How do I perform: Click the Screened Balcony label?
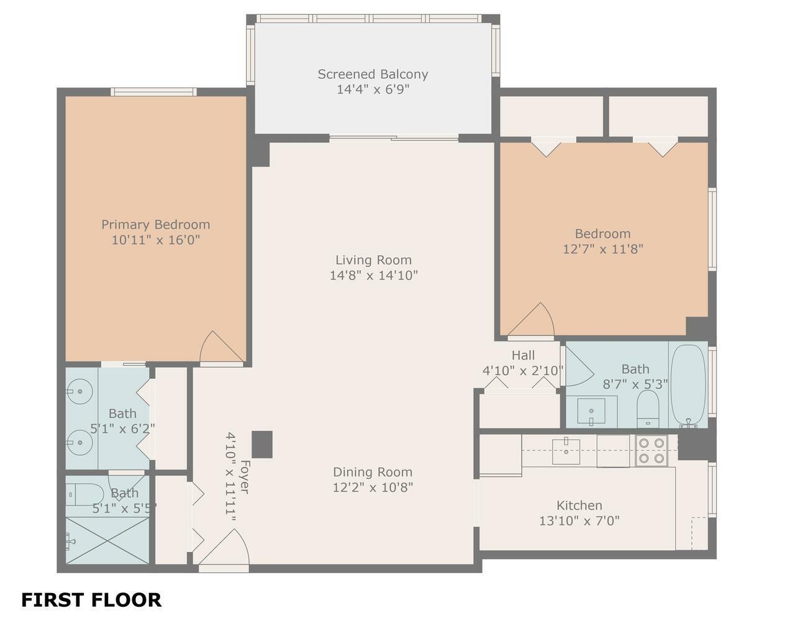373,75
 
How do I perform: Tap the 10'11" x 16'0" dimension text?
156,240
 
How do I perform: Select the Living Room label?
373,260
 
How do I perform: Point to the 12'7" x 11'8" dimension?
602,249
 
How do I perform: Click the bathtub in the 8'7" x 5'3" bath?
688,386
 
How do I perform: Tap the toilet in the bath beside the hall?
648,409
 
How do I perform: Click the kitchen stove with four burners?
651,451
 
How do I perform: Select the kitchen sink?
566,451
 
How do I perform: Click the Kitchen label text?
579,505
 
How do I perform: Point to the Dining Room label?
373,472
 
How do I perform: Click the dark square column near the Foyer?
262,445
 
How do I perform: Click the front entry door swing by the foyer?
224,548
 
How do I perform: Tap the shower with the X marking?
107,540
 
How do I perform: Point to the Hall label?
523,355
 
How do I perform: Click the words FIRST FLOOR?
91,601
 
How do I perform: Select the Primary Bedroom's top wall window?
153,91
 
